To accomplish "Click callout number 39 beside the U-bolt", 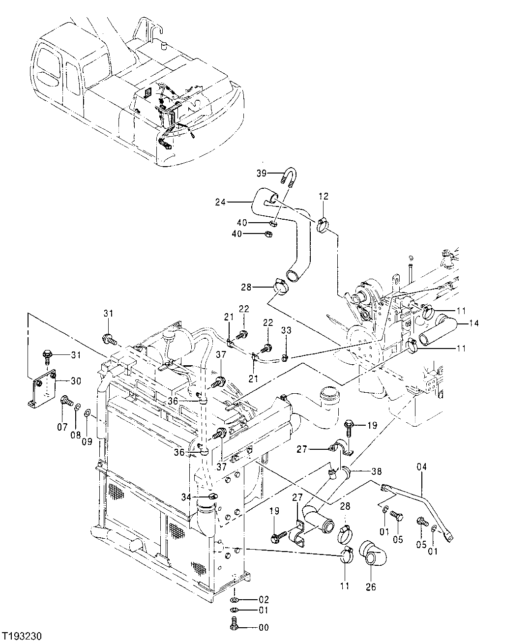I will (x=262, y=173).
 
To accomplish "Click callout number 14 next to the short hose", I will (x=474, y=323).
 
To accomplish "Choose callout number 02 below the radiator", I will (x=264, y=600).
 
